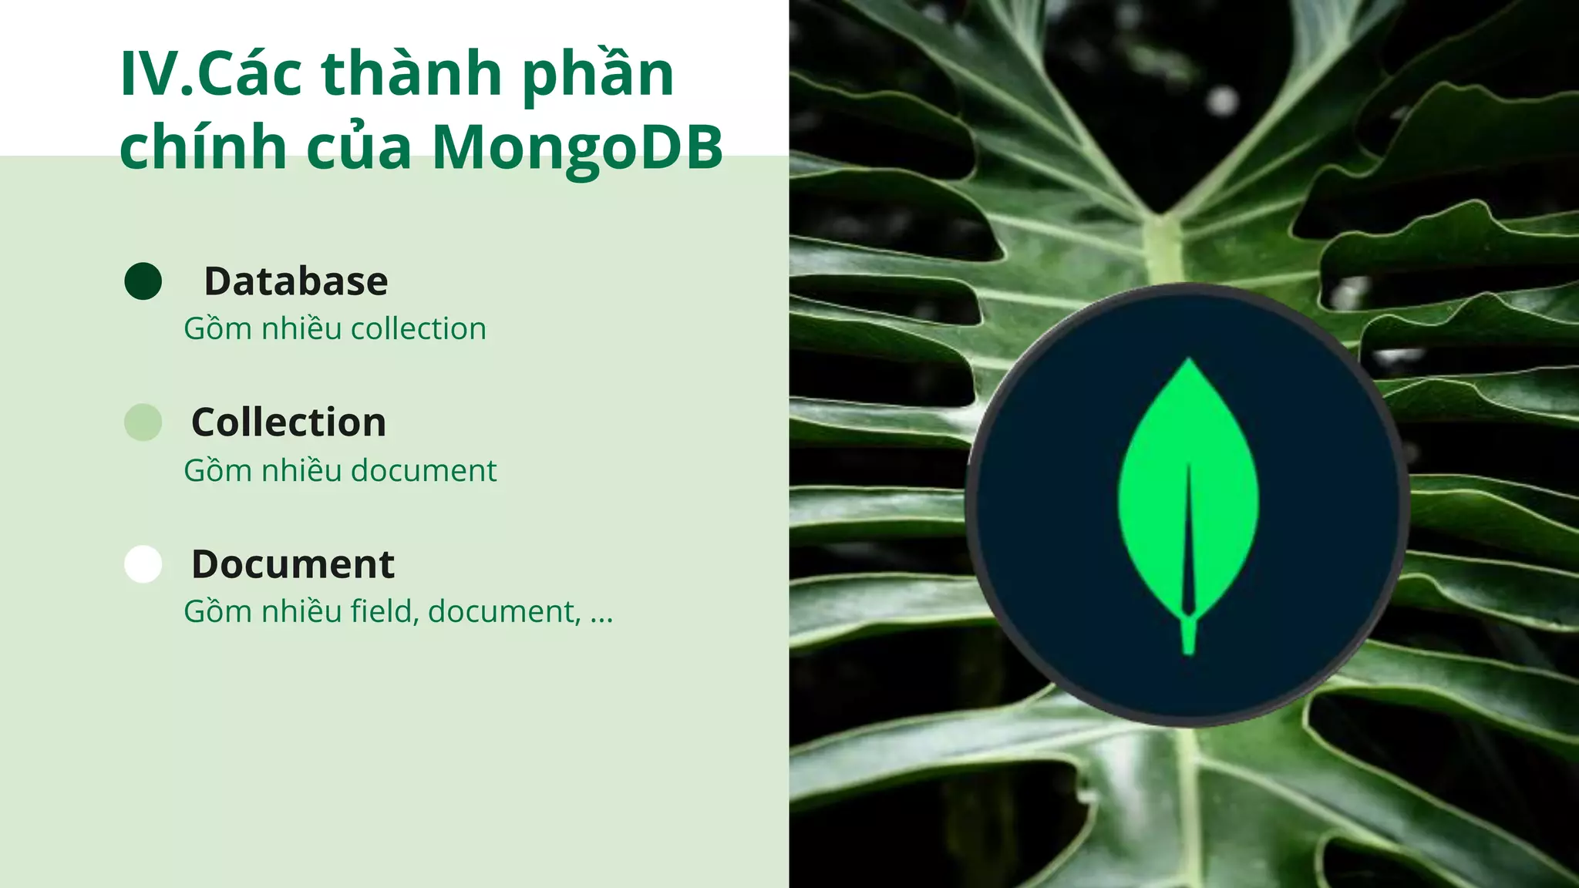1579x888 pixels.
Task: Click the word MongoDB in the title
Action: pos(577,146)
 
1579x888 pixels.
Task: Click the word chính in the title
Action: pos(203,146)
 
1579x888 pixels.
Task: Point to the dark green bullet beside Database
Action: pos(143,281)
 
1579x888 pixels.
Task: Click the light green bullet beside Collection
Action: pos(143,422)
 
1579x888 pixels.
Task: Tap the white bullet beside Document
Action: pos(143,564)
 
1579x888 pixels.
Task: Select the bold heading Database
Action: pos(296,281)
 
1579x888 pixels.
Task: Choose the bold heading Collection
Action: pos(288,422)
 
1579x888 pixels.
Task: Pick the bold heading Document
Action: pos(293,564)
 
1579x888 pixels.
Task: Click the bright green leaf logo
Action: pos(1188,493)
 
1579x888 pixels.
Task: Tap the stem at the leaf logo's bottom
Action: pos(1188,637)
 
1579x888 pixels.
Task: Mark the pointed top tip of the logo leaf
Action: pos(1189,360)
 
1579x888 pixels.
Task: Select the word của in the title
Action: pos(359,146)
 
